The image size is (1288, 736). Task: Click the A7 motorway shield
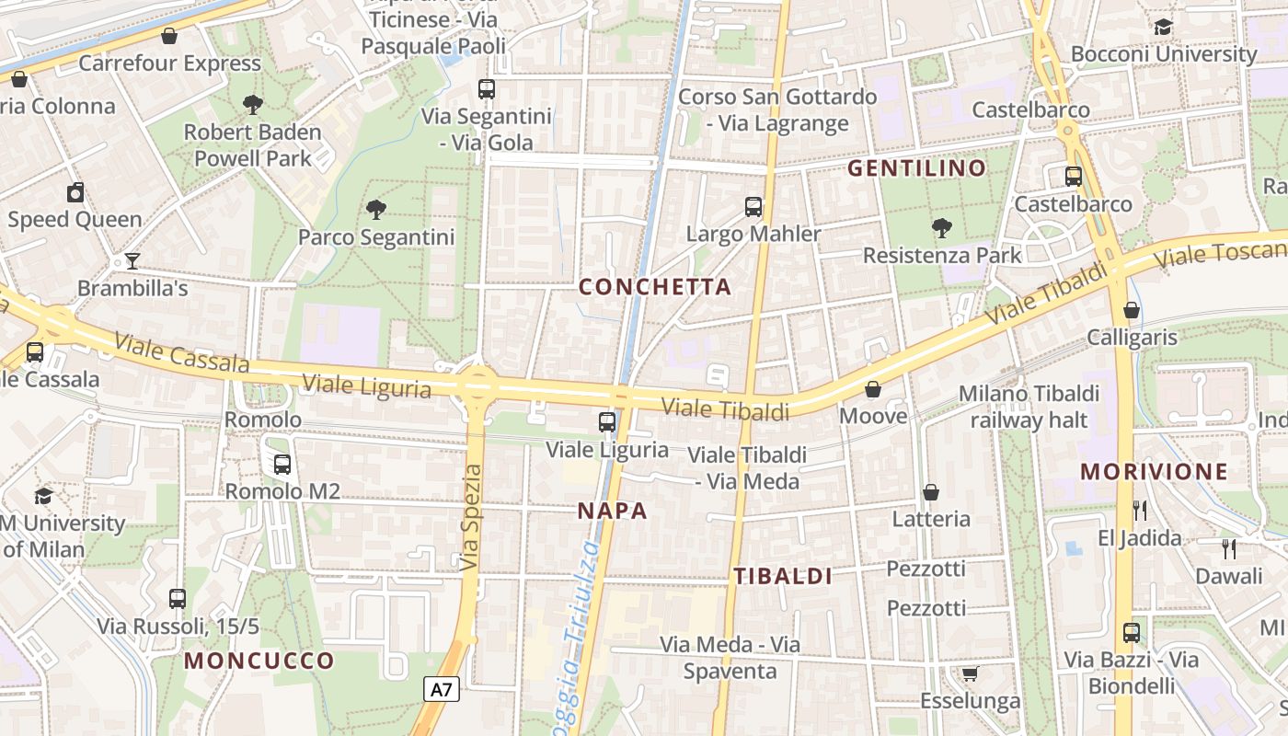point(443,689)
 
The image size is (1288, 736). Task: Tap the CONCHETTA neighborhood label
point(655,287)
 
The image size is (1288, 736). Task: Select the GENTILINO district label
point(916,168)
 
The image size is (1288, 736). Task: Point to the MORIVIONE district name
point(1154,473)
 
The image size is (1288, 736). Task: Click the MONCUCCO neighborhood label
point(259,661)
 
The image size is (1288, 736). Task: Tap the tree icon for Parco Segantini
point(376,210)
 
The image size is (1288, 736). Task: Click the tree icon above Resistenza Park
point(941,227)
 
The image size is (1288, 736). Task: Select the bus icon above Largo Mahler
point(753,207)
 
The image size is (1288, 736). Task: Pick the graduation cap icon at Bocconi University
point(1164,27)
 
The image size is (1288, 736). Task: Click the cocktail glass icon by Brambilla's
point(132,261)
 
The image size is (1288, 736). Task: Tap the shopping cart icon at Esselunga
point(970,674)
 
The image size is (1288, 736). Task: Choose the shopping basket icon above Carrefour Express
point(169,36)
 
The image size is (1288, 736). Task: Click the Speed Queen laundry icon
point(75,192)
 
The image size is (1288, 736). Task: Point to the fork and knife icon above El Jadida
point(1140,510)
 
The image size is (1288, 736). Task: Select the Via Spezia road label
point(471,517)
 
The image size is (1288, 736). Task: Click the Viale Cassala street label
point(181,354)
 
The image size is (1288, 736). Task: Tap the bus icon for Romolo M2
point(282,465)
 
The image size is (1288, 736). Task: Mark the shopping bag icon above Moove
point(873,389)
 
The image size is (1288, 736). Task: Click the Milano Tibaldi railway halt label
point(1029,407)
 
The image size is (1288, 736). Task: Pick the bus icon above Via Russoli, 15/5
point(178,599)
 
